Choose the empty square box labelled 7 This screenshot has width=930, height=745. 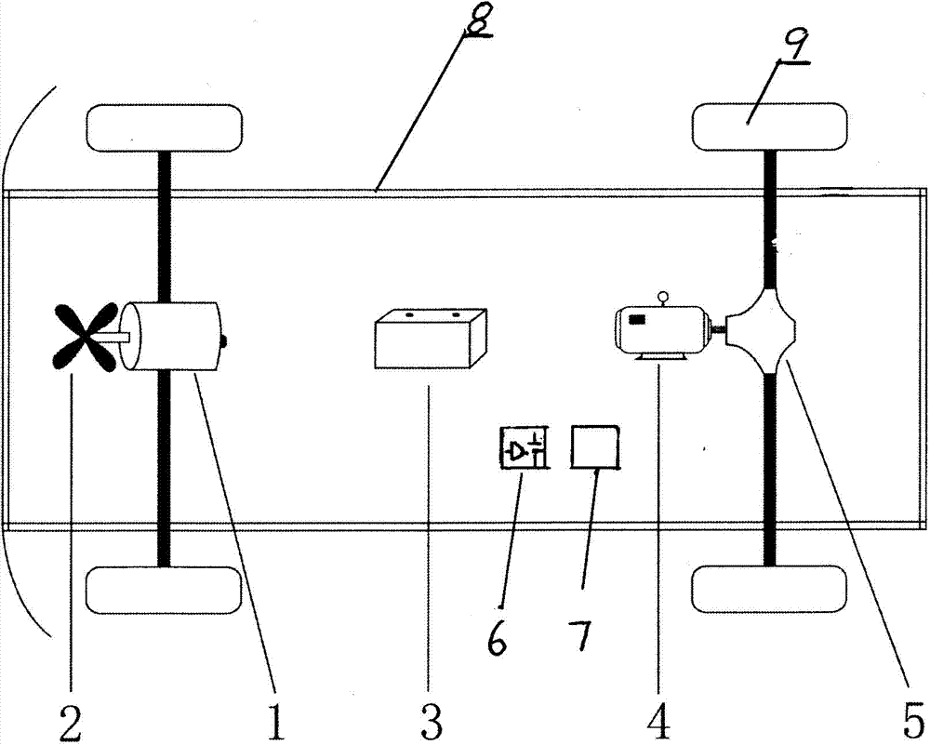pos(596,446)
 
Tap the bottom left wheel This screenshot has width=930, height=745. pos(165,588)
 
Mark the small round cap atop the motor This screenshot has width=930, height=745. pos(663,298)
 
